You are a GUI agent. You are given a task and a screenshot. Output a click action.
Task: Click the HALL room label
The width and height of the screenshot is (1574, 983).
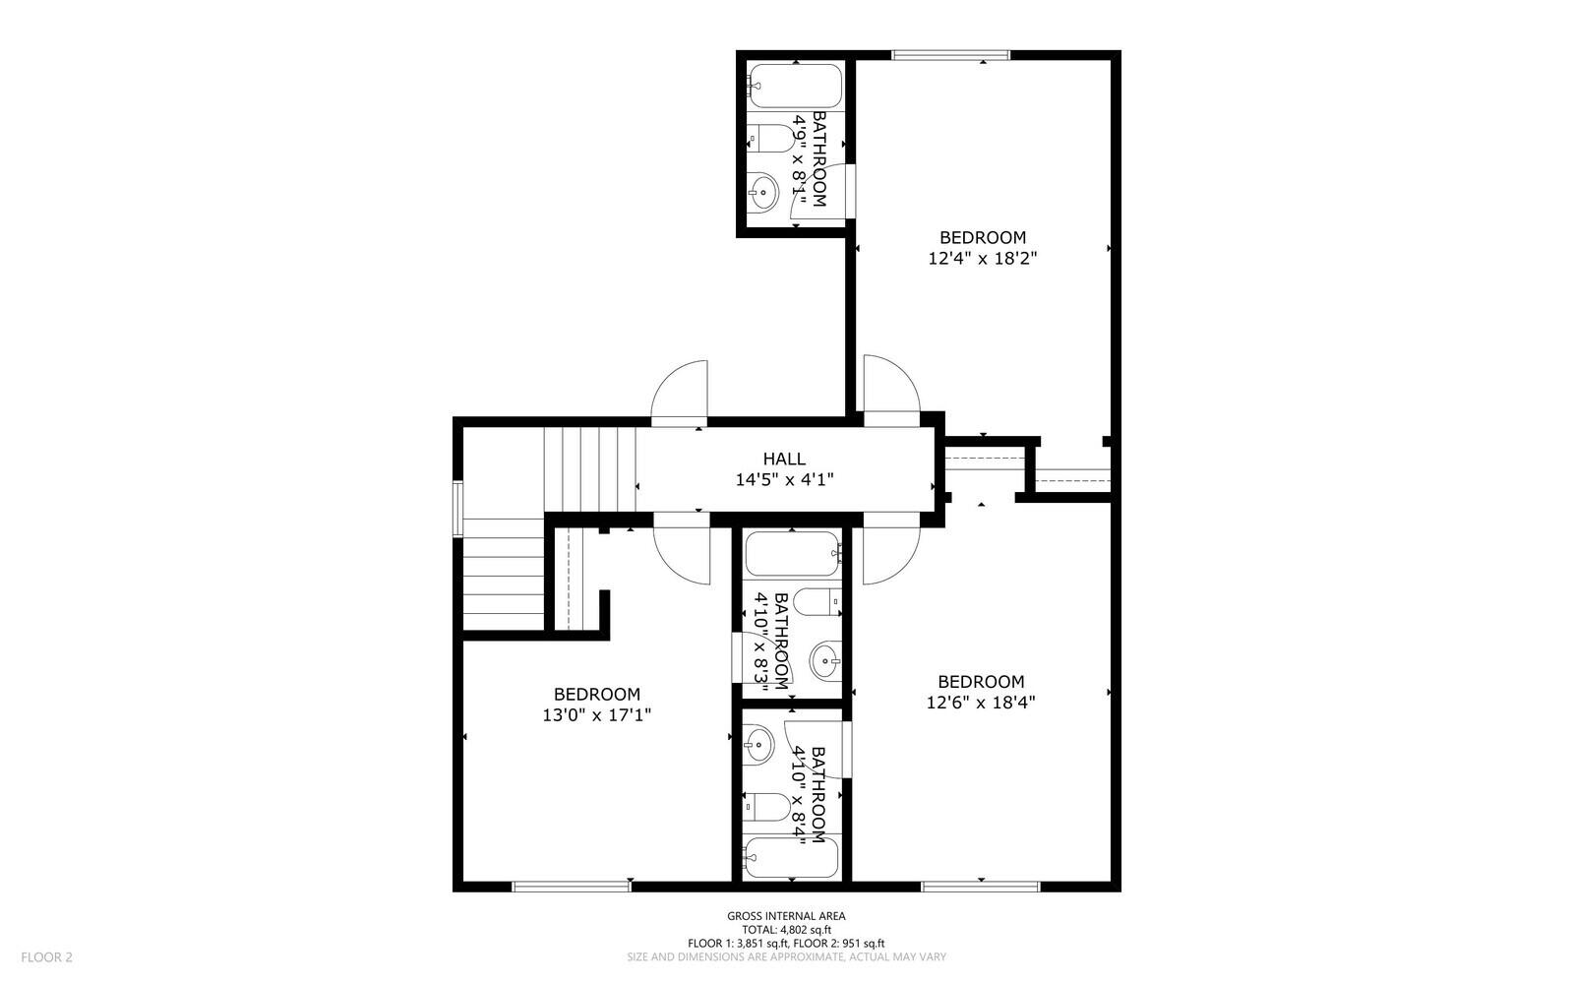point(784,459)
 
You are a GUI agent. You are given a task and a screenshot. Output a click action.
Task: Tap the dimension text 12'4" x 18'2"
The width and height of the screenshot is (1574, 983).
point(983,259)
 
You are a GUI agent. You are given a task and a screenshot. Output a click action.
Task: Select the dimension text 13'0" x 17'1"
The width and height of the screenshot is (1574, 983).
point(596,715)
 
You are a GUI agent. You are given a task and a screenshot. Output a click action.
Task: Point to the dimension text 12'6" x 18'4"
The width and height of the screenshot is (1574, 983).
point(981,703)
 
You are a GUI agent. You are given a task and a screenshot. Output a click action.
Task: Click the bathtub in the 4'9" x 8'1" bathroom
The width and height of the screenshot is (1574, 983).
point(795,87)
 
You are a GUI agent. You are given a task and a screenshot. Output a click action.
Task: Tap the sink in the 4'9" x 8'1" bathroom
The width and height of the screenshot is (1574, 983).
point(763,190)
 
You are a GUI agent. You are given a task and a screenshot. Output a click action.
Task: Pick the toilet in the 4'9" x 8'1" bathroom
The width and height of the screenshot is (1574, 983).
point(771,139)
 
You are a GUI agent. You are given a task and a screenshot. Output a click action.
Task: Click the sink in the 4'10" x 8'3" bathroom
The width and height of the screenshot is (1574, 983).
point(825,660)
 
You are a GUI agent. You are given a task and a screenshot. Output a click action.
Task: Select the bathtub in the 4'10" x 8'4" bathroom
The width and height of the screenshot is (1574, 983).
point(792,858)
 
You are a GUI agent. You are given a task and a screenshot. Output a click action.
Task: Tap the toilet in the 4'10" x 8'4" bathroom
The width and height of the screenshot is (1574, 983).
point(767,808)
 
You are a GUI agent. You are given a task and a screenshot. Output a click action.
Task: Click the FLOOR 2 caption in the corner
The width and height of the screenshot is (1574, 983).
point(47,956)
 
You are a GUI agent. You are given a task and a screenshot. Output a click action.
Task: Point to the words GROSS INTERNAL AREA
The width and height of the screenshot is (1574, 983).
point(786,916)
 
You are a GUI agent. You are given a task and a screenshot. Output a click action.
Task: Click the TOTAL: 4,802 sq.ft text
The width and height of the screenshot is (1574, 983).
point(786,929)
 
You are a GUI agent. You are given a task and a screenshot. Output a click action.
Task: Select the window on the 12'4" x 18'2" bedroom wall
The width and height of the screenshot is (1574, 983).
point(949,55)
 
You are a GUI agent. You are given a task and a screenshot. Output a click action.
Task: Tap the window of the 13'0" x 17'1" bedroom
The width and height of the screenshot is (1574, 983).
point(572,887)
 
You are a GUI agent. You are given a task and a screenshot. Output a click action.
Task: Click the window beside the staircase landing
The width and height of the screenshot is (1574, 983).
point(457,508)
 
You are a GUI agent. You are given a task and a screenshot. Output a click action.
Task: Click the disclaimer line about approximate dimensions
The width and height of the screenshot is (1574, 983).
point(786,956)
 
